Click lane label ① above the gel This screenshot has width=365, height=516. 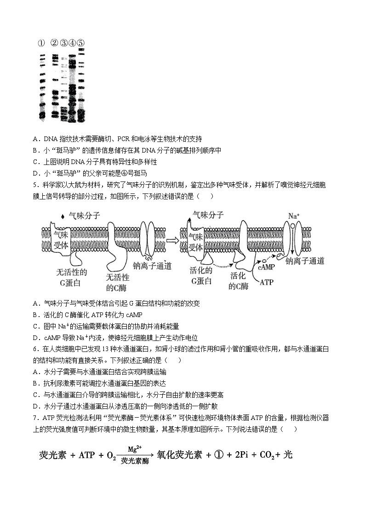pyautogui.click(x=41, y=43)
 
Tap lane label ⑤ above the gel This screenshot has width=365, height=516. pyautogui.click(x=80, y=43)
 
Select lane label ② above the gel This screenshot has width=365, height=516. pyautogui.click(x=54, y=43)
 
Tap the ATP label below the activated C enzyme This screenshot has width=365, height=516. pyautogui.click(x=266, y=282)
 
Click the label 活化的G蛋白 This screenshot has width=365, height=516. pyautogui.click(x=201, y=276)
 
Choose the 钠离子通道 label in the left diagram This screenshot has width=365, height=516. pyautogui.click(x=152, y=266)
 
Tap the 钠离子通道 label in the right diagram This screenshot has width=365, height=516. pyautogui.click(x=305, y=261)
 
